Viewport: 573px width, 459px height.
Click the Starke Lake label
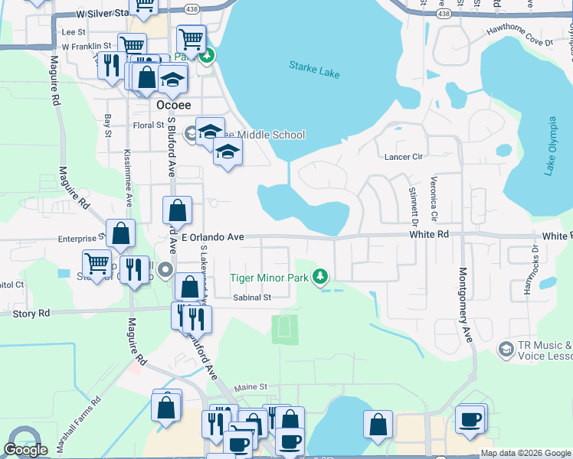[x=314, y=70]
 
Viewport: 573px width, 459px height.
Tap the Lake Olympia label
[x=550, y=146]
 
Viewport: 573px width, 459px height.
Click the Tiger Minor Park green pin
[x=323, y=277]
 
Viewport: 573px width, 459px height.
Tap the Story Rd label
[x=31, y=313]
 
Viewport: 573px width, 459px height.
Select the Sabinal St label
[x=253, y=298]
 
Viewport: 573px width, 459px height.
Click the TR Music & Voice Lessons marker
[x=506, y=350]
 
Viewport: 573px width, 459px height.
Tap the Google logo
[x=25, y=450]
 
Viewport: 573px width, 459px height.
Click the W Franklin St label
[x=87, y=47]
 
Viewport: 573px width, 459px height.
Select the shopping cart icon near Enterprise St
[x=97, y=262]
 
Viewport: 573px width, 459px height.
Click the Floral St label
[x=149, y=125]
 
